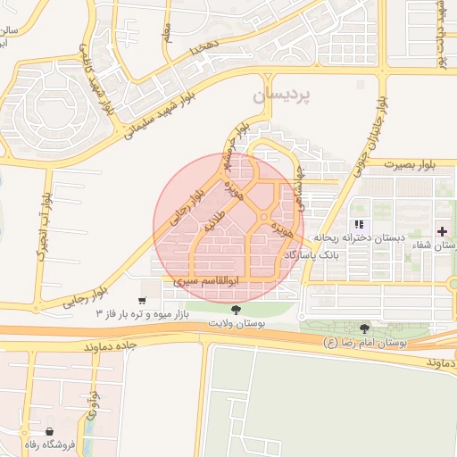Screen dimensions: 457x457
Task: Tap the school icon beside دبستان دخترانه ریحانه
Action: tap(359, 225)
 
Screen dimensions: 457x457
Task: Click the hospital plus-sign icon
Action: tap(444, 231)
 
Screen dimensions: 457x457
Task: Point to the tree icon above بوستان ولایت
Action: tap(236, 310)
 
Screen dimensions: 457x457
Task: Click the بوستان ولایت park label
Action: tap(236, 324)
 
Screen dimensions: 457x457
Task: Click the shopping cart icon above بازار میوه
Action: tap(142, 300)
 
